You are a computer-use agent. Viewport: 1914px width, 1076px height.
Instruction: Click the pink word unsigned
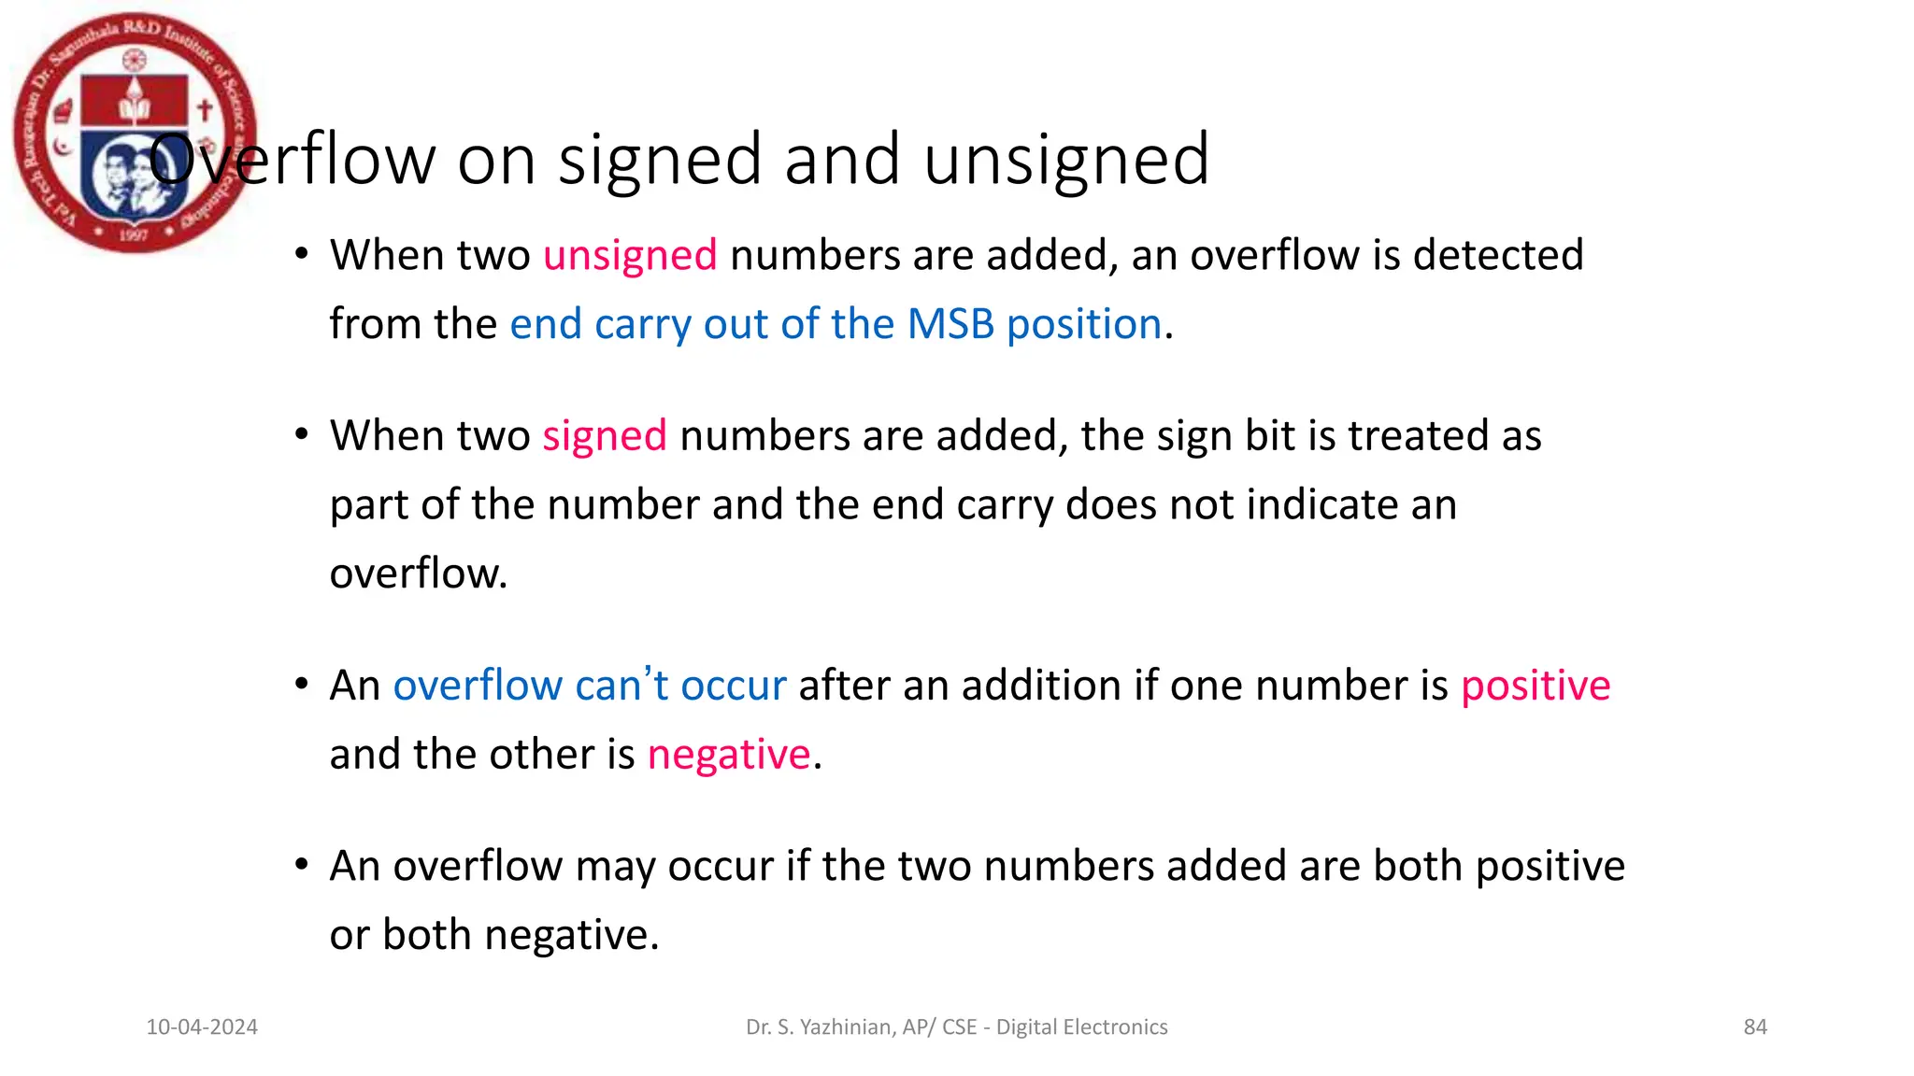(x=630, y=255)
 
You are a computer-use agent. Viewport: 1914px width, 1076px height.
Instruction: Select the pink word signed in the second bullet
(x=605, y=436)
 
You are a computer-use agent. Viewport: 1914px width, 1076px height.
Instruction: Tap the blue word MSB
(x=950, y=324)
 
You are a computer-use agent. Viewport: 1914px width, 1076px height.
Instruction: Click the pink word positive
(x=1535, y=686)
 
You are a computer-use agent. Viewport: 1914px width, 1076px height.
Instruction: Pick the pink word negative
(x=729, y=755)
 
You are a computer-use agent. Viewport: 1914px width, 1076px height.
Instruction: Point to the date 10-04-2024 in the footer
(x=202, y=1027)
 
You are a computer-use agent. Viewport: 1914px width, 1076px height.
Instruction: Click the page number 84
(x=1755, y=1027)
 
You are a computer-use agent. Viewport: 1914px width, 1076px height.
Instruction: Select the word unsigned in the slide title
(x=1066, y=159)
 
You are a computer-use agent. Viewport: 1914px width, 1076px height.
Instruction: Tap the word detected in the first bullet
(x=1498, y=255)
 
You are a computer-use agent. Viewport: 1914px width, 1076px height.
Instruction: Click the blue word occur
(x=734, y=686)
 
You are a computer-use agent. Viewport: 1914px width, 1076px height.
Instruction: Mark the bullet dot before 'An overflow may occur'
(x=301, y=865)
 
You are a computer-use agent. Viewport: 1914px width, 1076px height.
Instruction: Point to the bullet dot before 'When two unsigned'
(x=301, y=254)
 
